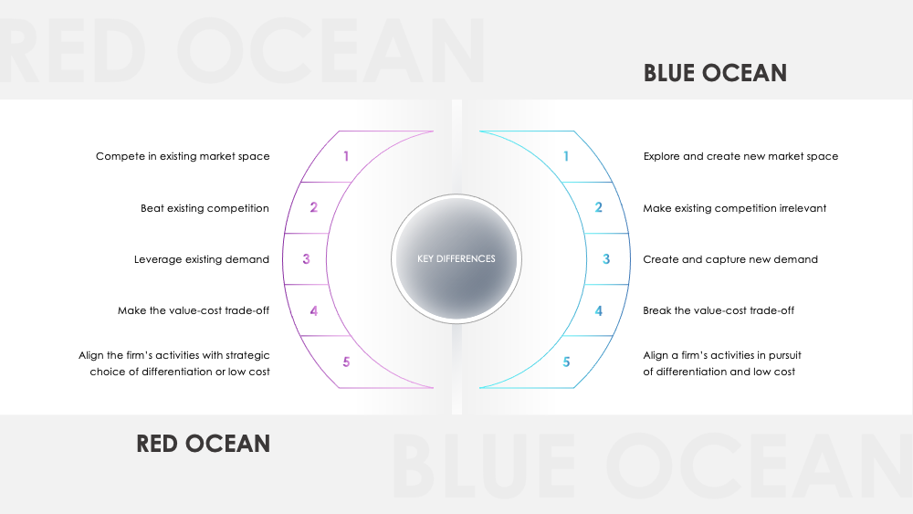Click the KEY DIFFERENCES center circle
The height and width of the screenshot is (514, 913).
point(456,258)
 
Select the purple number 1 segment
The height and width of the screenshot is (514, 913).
point(346,156)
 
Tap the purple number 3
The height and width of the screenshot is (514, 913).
point(306,259)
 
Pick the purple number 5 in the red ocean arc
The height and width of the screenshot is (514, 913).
point(346,362)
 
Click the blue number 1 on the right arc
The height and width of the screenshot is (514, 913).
point(566,156)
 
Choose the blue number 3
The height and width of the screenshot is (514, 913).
point(606,259)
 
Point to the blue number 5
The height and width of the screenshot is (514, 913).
point(566,362)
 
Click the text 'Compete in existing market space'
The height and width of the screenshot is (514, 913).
point(183,156)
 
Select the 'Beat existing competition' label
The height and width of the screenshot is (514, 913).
point(205,208)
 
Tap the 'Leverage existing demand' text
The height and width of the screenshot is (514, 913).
point(202,259)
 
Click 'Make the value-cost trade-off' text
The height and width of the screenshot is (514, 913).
point(194,310)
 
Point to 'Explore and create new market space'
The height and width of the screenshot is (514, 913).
point(740,156)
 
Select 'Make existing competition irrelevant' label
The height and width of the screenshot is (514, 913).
point(735,208)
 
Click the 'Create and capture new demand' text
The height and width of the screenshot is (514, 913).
point(730,259)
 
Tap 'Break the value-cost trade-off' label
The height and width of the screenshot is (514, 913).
point(719,310)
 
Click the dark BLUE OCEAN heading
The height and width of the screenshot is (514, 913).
point(715,73)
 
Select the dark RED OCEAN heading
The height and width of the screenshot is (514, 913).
point(204,444)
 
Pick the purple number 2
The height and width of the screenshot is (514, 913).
point(313,208)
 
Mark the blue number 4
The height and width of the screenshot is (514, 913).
point(599,310)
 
